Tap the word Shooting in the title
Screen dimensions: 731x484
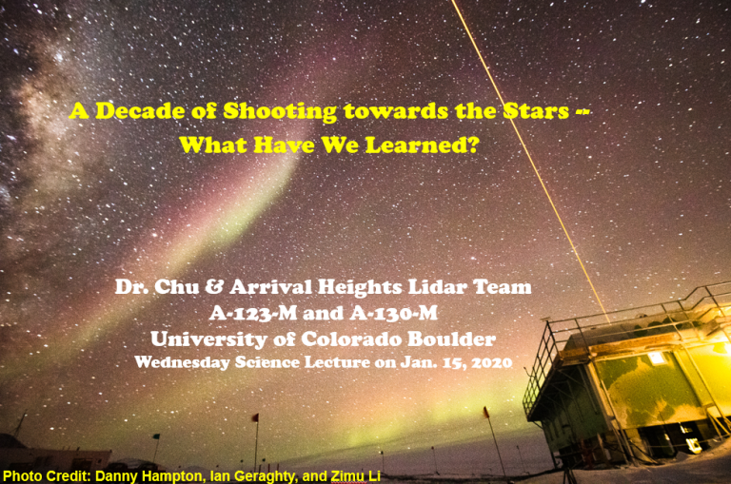coord(280,112)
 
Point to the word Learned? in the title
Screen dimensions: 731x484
coord(423,145)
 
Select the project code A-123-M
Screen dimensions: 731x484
coord(253,313)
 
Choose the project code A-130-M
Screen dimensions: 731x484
coord(394,313)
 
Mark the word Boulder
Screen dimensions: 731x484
coord(451,339)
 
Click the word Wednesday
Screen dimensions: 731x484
coord(183,363)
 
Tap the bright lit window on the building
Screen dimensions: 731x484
coord(657,358)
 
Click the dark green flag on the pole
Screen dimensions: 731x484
coord(156,436)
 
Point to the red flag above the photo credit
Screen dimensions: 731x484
coord(255,416)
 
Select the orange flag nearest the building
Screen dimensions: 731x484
coord(485,412)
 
